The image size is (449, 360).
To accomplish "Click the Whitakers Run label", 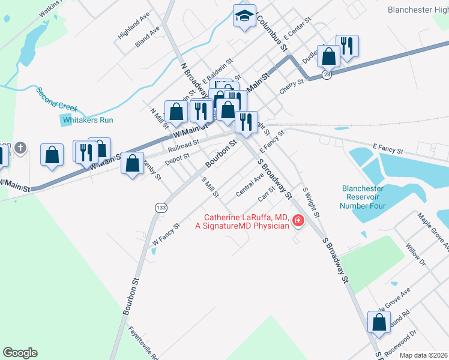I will tap(88, 120).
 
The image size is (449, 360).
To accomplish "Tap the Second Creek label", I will tap(56, 100).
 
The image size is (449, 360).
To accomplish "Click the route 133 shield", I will tap(160, 207).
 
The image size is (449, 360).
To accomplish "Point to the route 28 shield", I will tap(327, 74).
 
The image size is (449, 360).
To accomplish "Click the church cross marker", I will tap(20, 147).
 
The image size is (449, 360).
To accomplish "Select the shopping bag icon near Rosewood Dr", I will tap(379, 323).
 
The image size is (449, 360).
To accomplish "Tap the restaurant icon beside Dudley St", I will tap(347, 46).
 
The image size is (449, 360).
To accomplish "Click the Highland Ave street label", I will tap(133, 27).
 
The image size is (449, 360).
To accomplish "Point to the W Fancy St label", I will tap(166, 233).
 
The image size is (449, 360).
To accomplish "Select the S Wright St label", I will tap(311, 202).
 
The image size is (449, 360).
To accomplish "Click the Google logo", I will tap(20, 353).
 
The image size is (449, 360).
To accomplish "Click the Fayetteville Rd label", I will tap(144, 343).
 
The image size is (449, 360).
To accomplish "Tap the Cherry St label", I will tap(293, 86).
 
